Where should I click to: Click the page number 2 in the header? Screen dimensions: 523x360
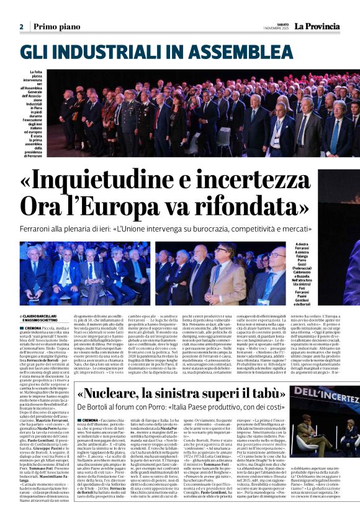[x=21, y=27]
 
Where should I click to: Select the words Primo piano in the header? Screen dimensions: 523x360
[x=53, y=27]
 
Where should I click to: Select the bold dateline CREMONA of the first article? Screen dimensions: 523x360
[x=34, y=327]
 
